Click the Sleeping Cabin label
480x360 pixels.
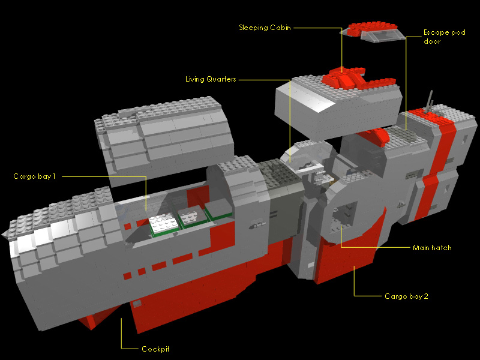[x=265, y=28]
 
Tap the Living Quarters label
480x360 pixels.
[x=211, y=79]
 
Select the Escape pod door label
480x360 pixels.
[x=444, y=37]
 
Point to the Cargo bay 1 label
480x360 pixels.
[x=35, y=176]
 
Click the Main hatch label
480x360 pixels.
[x=432, y=248]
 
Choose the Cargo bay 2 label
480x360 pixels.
[x=406, y=296]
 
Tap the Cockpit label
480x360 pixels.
[x=155, y=349]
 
